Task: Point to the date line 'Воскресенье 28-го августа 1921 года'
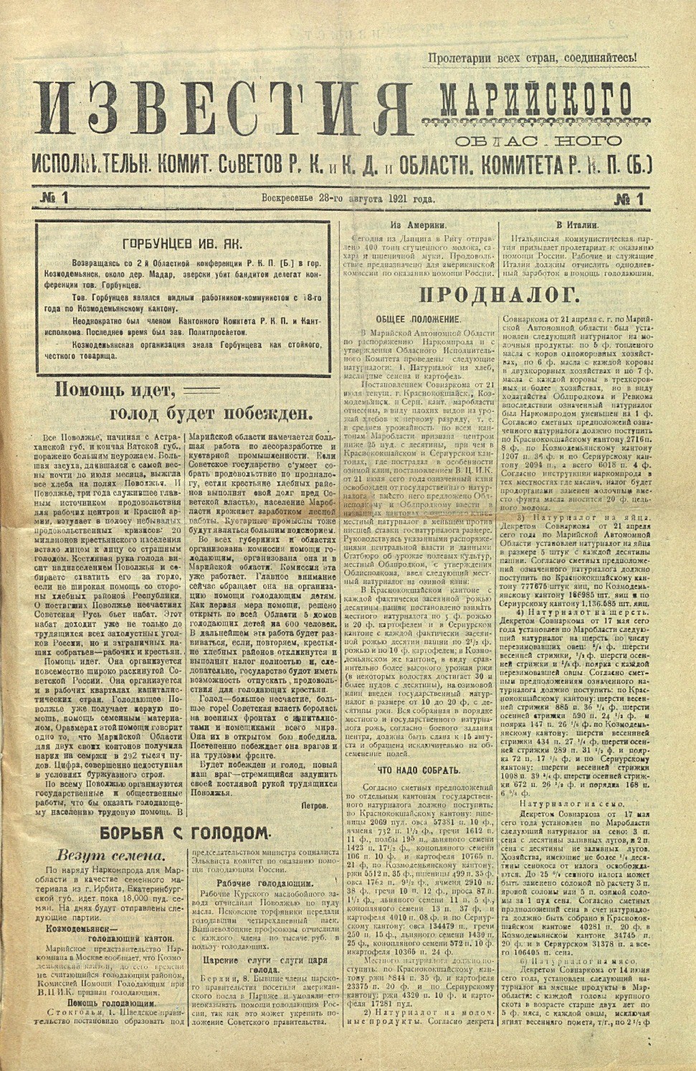pyautogui.click(x=348, y=199)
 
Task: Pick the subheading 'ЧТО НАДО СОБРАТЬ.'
pyautogui.click(x=418, y=770)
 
